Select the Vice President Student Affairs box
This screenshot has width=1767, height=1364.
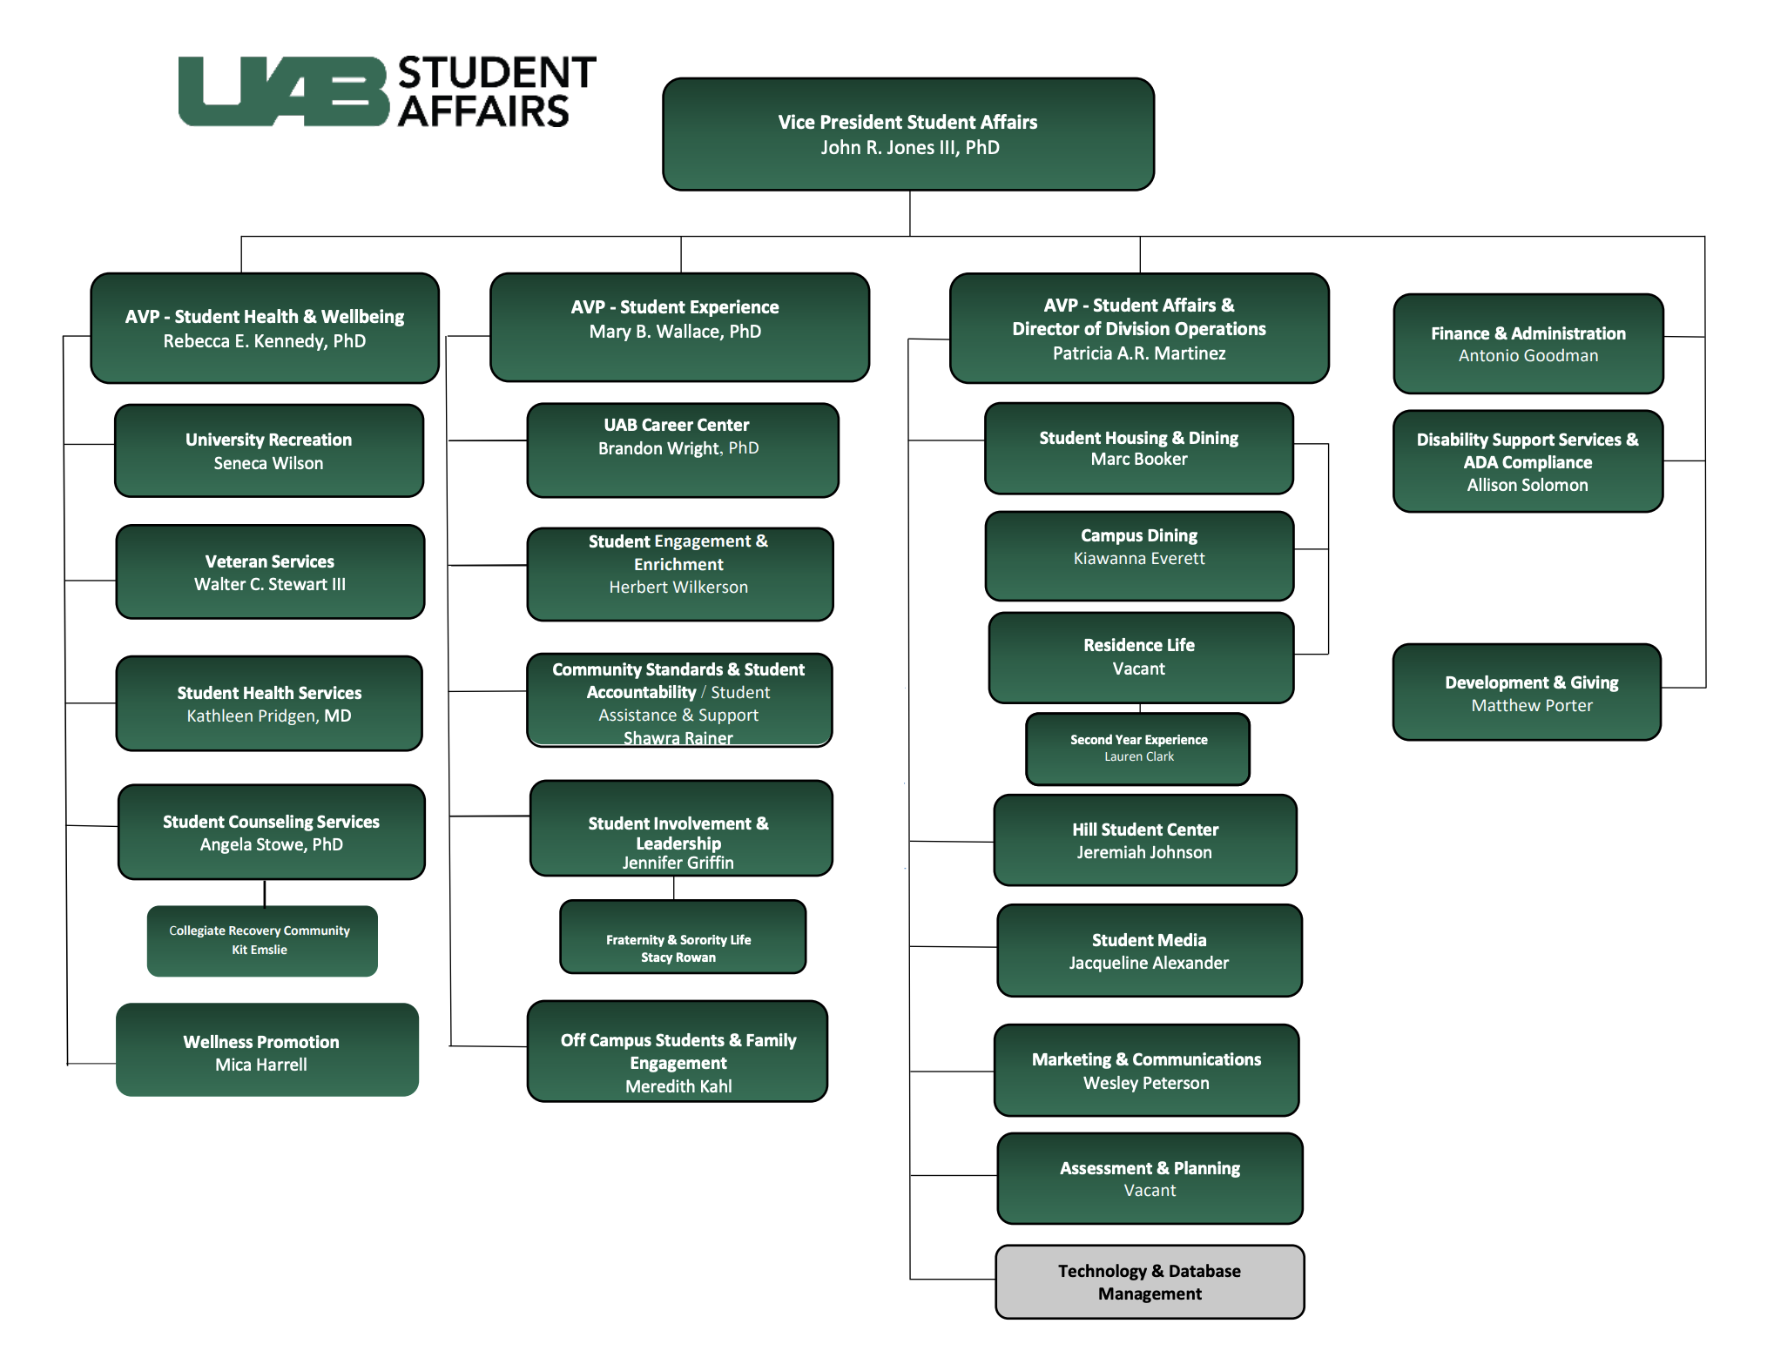click(907, 134)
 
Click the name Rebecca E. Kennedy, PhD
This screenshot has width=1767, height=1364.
click(264, 341)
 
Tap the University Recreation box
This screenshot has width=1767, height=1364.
click(268, 450)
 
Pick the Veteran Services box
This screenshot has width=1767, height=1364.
click(269, 572)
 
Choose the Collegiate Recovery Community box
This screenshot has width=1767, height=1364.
click(261, 941)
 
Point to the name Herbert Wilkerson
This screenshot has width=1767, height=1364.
click(678, 588)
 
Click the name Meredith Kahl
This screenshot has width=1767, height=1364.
click(678, 1086)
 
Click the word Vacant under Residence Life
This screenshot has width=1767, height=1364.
click(1138, 669)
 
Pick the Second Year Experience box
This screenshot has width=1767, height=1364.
click(1137, 749)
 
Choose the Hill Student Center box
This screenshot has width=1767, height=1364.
click(1144, 840)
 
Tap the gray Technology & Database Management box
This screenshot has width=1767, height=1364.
click(1149, 1281)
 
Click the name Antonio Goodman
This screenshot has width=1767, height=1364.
click(1528, 355)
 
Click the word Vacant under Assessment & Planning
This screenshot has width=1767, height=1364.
click(1150, 1190)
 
